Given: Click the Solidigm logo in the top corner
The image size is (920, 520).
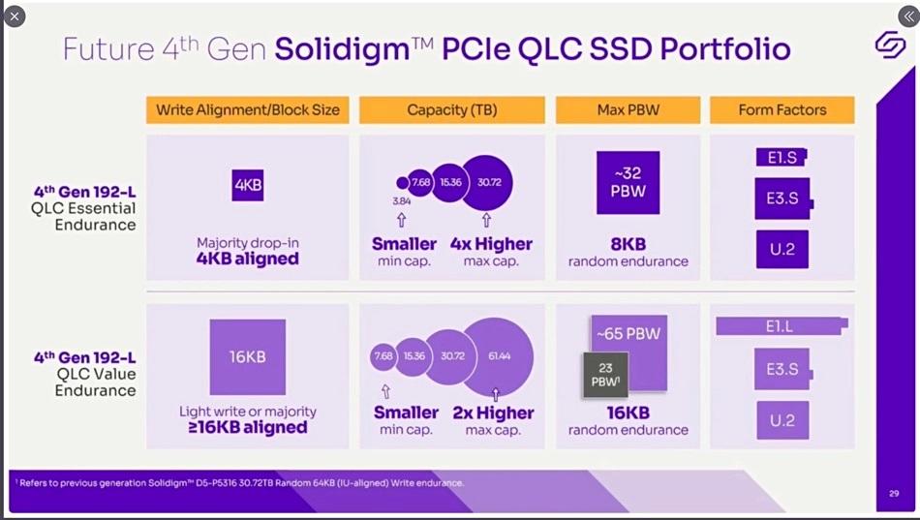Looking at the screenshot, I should coord(889,45).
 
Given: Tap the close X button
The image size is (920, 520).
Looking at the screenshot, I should coord(15,16).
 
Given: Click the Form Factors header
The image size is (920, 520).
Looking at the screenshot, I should coord(782,109).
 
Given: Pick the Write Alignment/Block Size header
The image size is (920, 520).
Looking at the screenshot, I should coord(248,109).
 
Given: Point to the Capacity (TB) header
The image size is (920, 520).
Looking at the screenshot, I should coord(452,109).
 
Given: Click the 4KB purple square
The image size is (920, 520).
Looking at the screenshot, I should coord(248,184).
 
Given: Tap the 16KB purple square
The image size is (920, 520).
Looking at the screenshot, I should coord(248,356).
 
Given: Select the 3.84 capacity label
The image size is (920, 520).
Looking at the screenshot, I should coord(402,200).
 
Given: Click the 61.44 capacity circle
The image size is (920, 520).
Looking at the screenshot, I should coord(498,356).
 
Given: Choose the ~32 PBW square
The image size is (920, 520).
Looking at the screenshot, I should coord(629,183).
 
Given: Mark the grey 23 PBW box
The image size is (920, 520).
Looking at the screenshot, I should coord(604,375).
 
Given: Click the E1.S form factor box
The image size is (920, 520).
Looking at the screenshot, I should coord(781,157).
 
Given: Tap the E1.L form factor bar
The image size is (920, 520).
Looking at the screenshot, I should coord(781,326).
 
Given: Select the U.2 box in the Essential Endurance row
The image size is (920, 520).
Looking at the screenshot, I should coord(782,249).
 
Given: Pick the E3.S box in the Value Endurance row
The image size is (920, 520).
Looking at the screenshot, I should coord(782,369).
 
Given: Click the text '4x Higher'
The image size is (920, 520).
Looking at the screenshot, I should coord(491,244).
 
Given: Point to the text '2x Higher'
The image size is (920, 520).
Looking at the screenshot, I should coord(493,413).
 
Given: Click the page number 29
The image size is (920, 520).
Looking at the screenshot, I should coord(893,493).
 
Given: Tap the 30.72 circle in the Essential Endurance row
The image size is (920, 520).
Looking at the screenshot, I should coord(488,182).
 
